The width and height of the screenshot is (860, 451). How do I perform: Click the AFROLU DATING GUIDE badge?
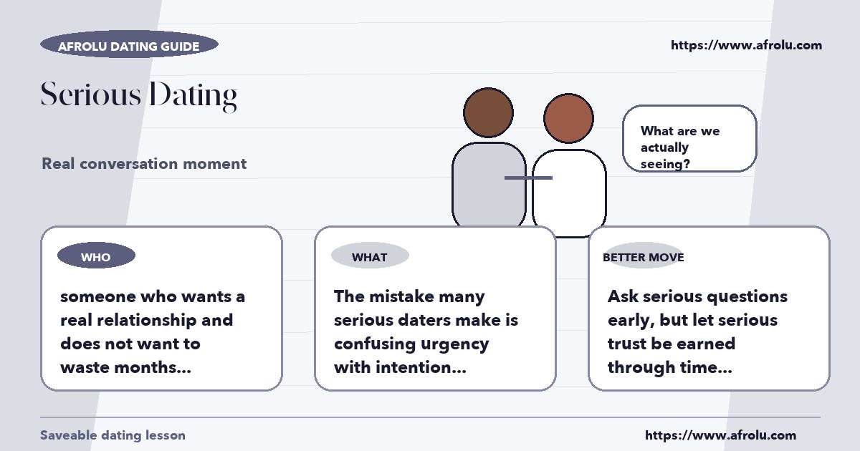point(130,44)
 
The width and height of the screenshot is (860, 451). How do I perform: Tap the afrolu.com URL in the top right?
point(746,45)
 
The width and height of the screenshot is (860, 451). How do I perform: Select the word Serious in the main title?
point(91,94)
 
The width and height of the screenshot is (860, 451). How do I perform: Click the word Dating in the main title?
point(193,96)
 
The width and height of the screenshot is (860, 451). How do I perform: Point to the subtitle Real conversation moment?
point(144,164)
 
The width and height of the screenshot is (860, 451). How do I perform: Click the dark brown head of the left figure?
point(488,112)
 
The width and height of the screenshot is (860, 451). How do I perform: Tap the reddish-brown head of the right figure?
point(568,118)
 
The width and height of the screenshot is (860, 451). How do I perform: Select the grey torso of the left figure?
point(488,185)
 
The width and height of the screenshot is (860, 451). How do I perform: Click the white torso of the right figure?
point(569,193)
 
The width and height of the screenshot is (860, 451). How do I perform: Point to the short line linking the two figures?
point(528,178)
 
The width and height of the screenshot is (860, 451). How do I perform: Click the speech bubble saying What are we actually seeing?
point(689,138)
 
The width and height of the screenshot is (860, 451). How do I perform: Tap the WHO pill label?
point(96,256)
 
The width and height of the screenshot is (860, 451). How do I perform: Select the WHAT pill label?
point(370,256)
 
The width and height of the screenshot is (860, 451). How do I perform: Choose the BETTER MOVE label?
point(644,257)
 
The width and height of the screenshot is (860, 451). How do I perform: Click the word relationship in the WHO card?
point(147,320)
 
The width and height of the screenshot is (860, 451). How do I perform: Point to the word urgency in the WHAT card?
point(454,345)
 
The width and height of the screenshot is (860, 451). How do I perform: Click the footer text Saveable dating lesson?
point(113,435)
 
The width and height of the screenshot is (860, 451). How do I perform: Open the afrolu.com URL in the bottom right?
point(721,435)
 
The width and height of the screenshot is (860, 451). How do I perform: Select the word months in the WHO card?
point(152,367)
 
